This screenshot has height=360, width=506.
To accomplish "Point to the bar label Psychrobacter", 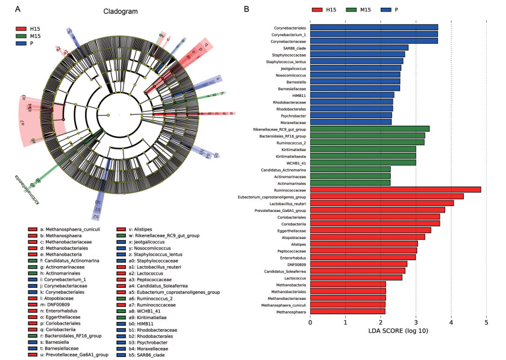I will [x=292, y=114].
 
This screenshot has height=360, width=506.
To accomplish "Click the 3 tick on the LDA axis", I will [x=416, y=323].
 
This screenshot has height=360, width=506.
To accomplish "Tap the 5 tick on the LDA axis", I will [x=487, y=323].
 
